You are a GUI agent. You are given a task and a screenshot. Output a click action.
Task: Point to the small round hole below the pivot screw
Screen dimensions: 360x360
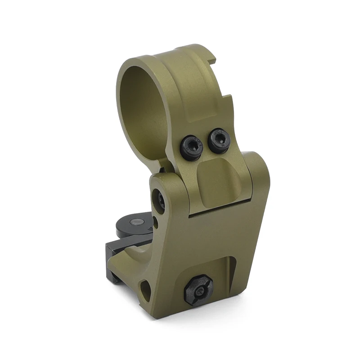(x=155, y=222)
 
